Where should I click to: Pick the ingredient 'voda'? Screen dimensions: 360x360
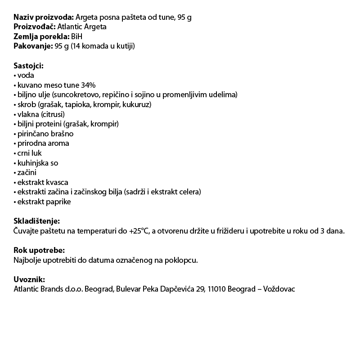click(26, 76)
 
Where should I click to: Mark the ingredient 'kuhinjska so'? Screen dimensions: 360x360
click(38, 163)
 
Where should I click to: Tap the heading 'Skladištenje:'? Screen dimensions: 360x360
click(36, 221)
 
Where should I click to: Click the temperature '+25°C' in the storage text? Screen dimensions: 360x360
click(139, 231)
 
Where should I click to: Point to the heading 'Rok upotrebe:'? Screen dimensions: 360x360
click(39, 251)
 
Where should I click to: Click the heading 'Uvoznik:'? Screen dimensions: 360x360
click(30, 279)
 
